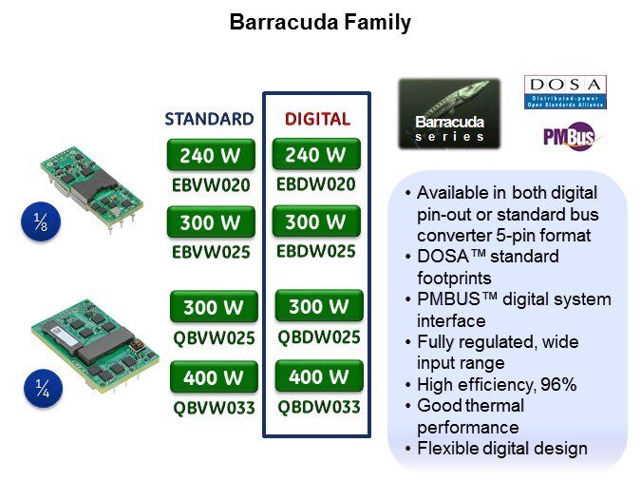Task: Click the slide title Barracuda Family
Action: (320, 23)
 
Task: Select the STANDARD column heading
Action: (209, 119)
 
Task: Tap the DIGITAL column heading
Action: (317, 119)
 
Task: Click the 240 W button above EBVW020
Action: (210, 155)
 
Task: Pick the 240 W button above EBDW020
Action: (316, 155)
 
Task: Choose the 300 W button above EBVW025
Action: (210, 223)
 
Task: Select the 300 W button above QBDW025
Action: (319, 307)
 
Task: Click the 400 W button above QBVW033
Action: (214, 377)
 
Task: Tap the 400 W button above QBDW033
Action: (319, 376)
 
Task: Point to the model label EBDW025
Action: (316, 252)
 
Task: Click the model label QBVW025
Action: (214, 337)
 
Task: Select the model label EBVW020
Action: (210, 184)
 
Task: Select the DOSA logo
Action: (565, 92)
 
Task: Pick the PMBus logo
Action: (568, 138)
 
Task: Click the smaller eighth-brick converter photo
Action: (93, 180)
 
